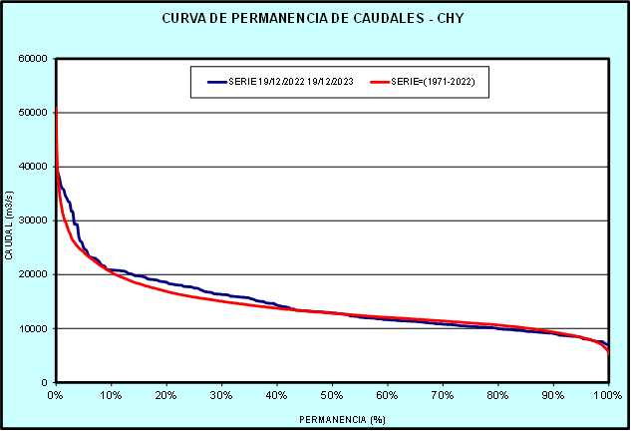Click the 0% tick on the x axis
pos(56,395)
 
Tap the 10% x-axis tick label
pos(111,395)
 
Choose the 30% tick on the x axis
pos(221,395)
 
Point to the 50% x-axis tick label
pos(332,395)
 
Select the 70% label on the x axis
pos(443,395)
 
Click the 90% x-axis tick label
pos(553,395)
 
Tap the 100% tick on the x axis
pos(607,395)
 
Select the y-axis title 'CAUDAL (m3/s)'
pos(9,227)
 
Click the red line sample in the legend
pos(380,82)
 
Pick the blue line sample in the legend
pos(217,82)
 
